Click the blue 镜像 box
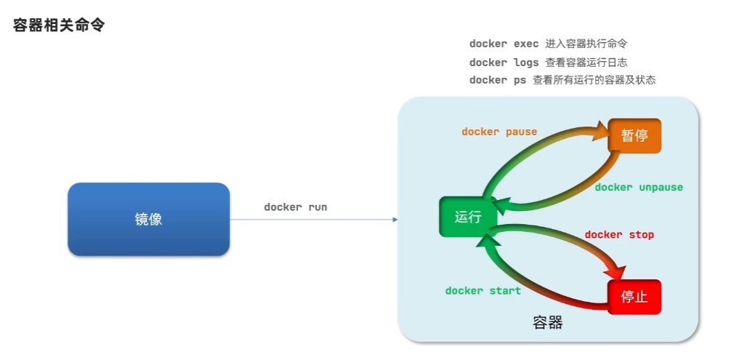coord(148,219)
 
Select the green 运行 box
coord(468,217)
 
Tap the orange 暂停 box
coord(634,135)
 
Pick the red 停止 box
coord(634,297)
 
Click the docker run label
coord(295,207)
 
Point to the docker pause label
coord(499,132)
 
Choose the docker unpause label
coord(639,188)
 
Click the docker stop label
coord(619,235)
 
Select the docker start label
coord(483,291)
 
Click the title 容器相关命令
coord(59,25)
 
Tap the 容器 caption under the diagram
coord(548,322)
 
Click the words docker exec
coord(504,44)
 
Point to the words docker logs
coord(504,63)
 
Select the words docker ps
coord(498,80)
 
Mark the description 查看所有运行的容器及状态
coord(594,80)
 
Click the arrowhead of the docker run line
coord(395,219)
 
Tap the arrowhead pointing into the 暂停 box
coord(600,131)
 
